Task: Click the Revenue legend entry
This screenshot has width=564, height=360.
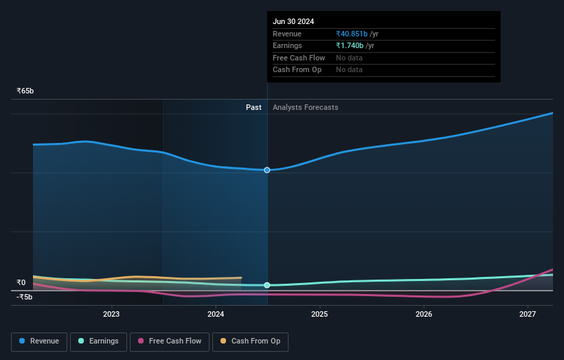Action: (38, 341)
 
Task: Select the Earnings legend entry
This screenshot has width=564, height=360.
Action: (98, 341)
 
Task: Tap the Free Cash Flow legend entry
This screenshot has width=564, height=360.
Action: (170, 341)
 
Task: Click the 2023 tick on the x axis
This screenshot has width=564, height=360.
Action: (111, 315)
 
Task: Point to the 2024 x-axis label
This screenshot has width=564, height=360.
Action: (216, 315)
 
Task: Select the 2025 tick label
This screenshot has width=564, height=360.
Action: (319, 315)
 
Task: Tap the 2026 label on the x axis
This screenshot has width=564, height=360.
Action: (424, 315)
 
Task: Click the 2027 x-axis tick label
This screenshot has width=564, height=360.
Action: (528, 315)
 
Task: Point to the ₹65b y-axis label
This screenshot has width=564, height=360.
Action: (25, 91)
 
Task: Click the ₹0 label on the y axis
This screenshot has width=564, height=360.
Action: (21, 282)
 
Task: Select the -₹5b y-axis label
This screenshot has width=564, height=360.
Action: (25, 297)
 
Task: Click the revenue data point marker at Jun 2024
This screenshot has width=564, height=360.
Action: (267, 170)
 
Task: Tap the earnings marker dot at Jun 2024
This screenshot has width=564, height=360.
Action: (267, 285)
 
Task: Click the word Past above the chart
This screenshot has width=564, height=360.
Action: (253, 107)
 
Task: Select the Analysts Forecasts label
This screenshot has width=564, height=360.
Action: (305, 107)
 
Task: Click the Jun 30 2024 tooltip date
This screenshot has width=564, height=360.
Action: (293, 21)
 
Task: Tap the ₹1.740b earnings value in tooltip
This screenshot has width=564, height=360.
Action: (350, 45)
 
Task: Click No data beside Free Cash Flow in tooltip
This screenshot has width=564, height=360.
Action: (349, 58)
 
